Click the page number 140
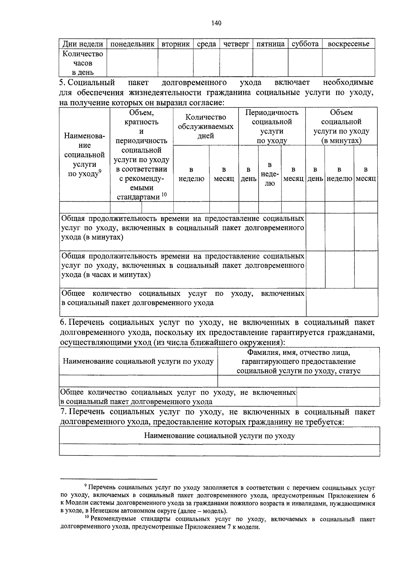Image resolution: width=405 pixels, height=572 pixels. [216, 23]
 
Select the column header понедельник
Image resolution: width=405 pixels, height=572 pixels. [132, 44]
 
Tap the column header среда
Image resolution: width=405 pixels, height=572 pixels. [206, 44]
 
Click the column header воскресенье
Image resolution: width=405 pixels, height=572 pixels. [349, 44]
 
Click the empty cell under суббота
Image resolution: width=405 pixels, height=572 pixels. [305, 62]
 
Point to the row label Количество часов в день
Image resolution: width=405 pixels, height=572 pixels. [83, 63]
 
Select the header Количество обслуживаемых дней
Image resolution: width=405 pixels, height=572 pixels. [206, 127]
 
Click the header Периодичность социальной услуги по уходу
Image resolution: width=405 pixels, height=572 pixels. [272, 127]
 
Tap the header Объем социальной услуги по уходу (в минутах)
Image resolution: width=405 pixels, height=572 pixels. [341, 127]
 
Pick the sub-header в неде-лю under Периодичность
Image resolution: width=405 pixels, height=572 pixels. [269, 174]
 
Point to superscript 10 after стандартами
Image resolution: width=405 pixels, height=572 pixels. [164, 194]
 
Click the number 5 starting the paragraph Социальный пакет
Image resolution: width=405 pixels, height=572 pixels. [61, 83]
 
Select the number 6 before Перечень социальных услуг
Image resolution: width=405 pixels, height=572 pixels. [62, 322]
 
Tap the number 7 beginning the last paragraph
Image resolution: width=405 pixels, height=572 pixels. [62, 412]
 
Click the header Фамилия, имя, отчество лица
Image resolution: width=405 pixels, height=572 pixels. [298, 353]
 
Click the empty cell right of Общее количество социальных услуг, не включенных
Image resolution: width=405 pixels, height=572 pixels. [338, 397]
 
